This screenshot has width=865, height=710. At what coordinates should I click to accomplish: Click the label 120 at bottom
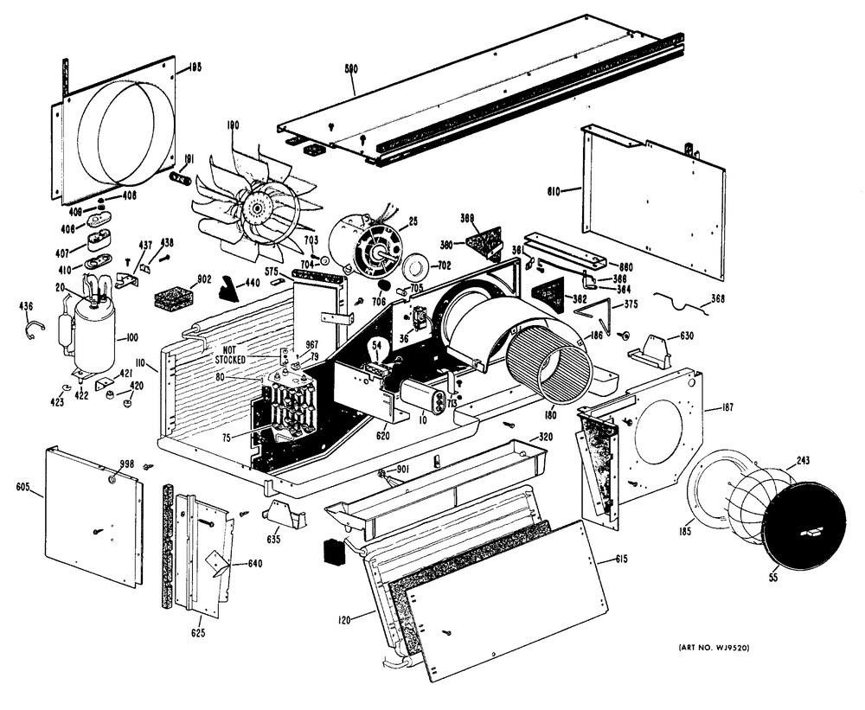click(x=343, y=620)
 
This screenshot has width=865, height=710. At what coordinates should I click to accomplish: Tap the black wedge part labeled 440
click(x=228, y=289)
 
